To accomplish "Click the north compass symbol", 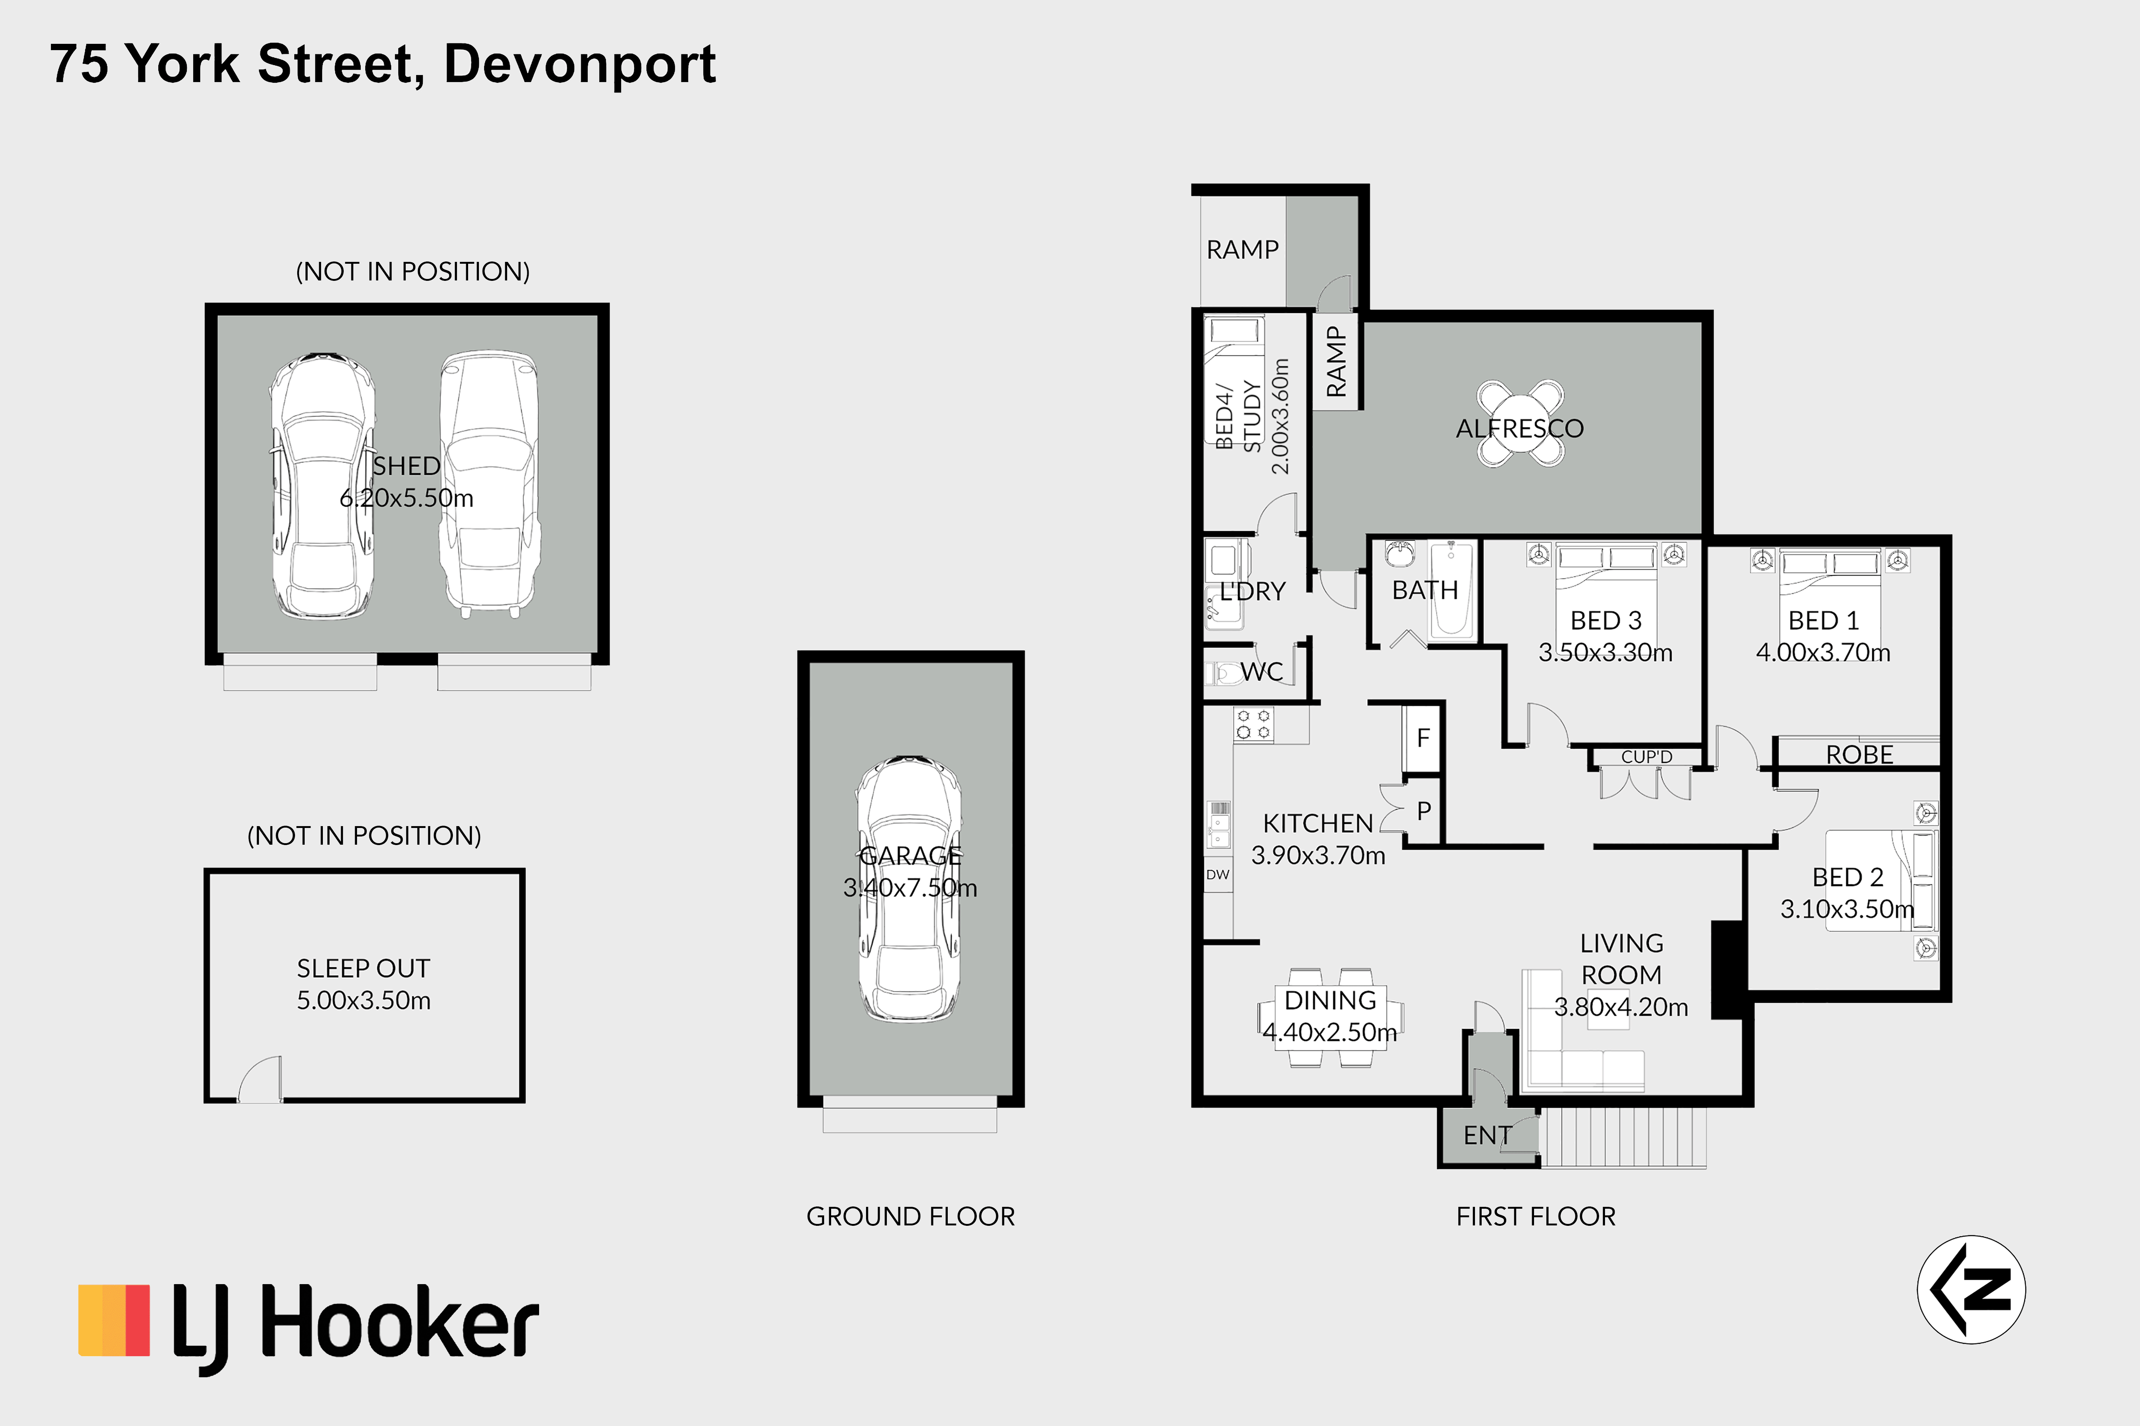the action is pos(1971,1290).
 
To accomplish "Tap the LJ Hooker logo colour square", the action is pos(114,1321).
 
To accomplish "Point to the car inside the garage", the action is pos(909,888).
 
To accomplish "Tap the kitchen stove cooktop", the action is pos(1253,725).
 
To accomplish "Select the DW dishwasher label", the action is pos(1218,875).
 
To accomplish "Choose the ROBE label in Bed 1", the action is pos(1859,755).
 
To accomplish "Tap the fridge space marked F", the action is pos(1423,738).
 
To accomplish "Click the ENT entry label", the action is pos(1488,1136).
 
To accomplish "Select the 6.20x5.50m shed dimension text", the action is pos(406,498).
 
